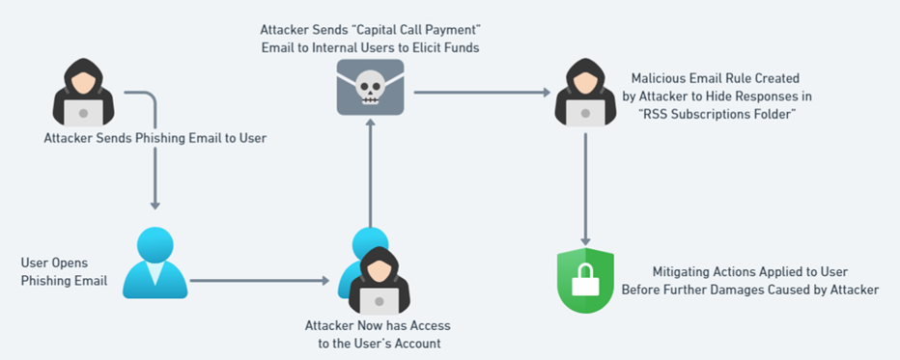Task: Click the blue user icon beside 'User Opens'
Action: (155, 263)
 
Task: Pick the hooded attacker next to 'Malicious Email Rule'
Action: (585, 93)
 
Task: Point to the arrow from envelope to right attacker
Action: (482, 94)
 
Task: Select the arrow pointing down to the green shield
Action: (585, 189)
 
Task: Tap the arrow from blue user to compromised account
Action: (259, 282)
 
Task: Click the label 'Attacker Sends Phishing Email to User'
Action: (155, 138)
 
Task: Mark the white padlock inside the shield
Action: (585, 283)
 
